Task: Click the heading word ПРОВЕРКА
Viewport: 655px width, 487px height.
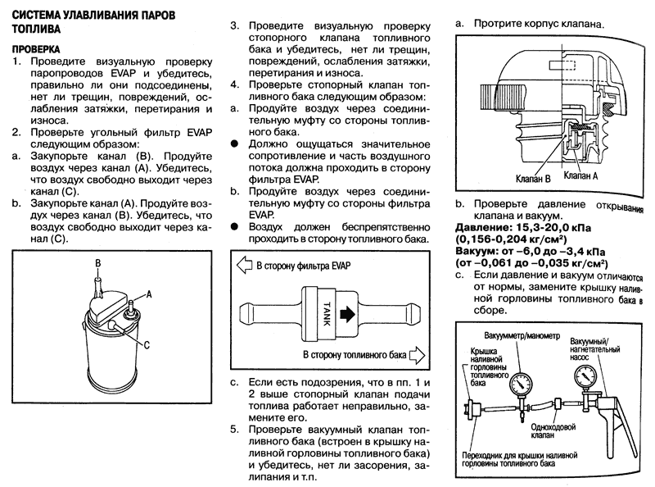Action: [36, 49]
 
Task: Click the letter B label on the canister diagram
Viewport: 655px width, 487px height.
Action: [97, 263]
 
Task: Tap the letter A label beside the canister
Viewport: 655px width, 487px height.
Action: [148, 294]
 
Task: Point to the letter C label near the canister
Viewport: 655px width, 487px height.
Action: [147, 346]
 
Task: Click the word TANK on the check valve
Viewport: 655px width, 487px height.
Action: [327, 314]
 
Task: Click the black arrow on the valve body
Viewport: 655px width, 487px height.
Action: [347, 315]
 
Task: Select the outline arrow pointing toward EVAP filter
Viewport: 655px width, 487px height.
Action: [244, 266]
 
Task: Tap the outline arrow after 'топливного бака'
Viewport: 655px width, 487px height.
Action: [417, 355]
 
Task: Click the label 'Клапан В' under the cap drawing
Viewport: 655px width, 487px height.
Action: [533, 179]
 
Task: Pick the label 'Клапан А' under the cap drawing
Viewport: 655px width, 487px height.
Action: [580, 175]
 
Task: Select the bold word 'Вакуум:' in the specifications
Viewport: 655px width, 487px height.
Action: [475, 252]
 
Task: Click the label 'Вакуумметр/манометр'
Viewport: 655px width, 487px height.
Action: [522, 336]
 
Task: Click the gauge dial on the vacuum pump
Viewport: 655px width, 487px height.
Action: [585, 375]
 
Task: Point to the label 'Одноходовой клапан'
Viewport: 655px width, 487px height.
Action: [553, 431]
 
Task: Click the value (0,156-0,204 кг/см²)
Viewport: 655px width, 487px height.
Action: [511, 239]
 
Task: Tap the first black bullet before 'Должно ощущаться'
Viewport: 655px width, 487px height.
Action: [235, 144]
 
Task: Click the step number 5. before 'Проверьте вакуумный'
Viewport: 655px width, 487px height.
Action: [235, 430]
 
